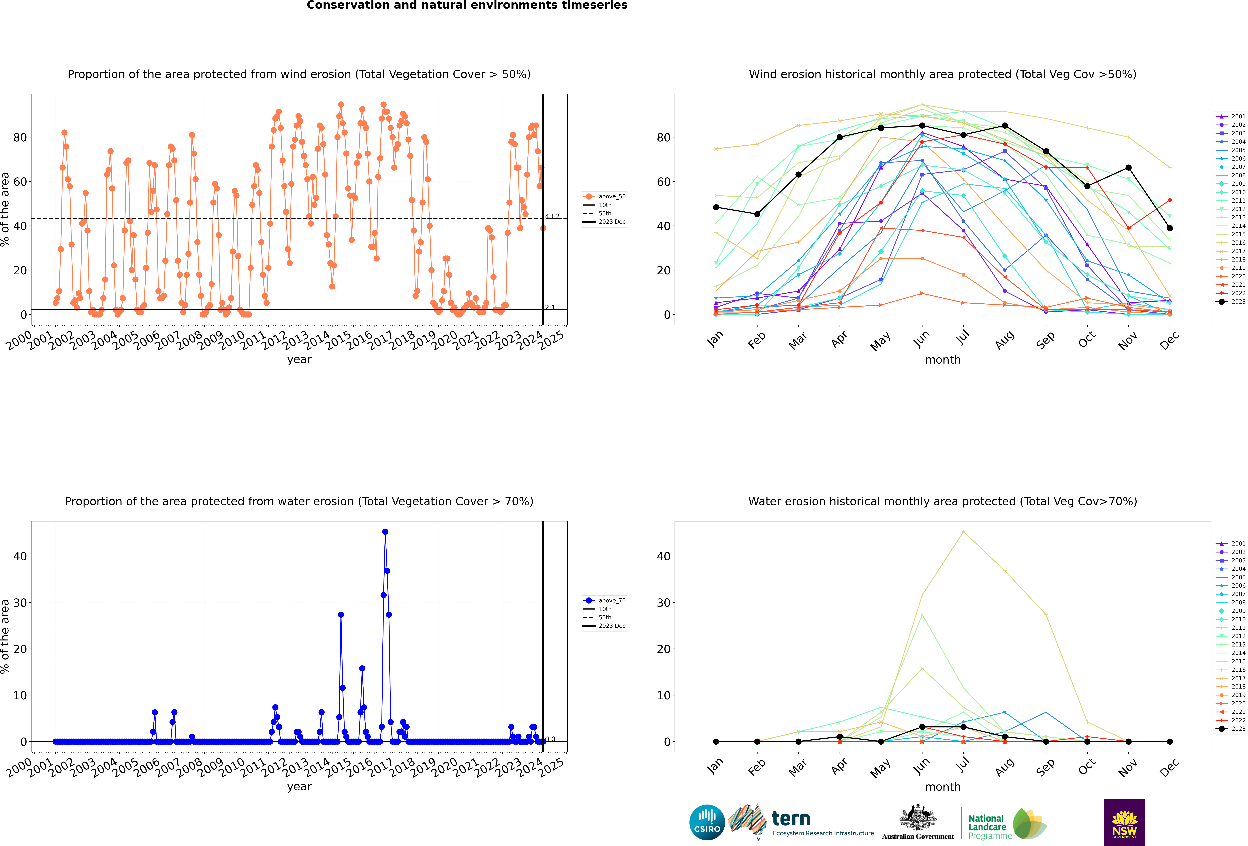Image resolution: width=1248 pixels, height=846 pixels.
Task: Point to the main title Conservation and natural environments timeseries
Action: [467, 5]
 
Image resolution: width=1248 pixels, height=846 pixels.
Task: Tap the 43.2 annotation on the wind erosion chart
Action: [552, 217]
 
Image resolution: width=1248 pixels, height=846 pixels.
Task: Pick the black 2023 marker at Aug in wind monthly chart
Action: [1005, 126]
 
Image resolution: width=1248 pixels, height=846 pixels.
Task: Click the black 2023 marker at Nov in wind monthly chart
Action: [1128, 168]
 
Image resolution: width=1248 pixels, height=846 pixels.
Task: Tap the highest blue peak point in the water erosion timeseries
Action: [385, 532]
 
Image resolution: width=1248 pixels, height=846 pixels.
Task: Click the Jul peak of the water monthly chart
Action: [963, 532]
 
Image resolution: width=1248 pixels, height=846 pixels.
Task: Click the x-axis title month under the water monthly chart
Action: [942, 787]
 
